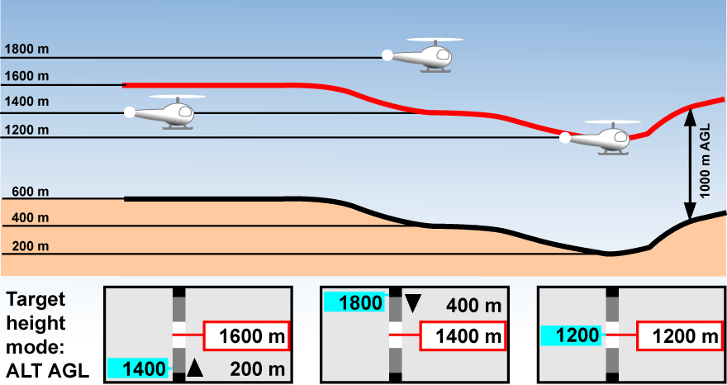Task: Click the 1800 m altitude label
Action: pyautogui.click(x=26, y=49)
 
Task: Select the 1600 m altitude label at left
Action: pyautogui.click(x=26, y=76)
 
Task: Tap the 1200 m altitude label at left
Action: pyautogui.click(x=26, y=129)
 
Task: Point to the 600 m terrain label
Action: pyautogui.click(x=31, y=192)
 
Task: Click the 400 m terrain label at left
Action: pyautogui.click(x=31, y=218)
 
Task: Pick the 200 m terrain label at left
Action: pyautogui.click(x=31, y=246)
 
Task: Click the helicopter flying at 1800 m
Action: pyautogui.click(x=421, y=55)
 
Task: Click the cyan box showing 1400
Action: pyautogui.click(x=137, y=368)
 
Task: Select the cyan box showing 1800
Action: pyautogui.click(x=354, y=303)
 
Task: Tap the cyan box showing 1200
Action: pyautogui.click(x=571, y=335)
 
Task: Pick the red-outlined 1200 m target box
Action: pyautogui.click(x=680, y=335)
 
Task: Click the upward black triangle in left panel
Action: pyautogui.click(x=194, y=368)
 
